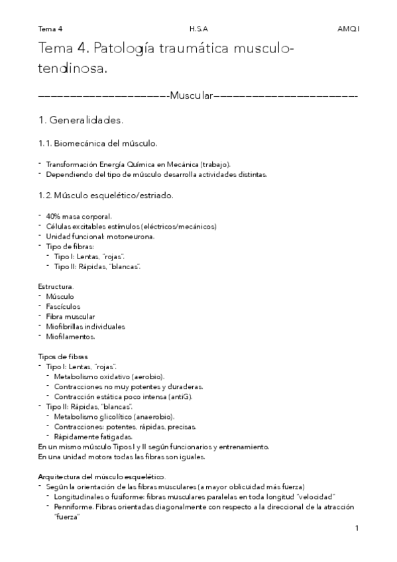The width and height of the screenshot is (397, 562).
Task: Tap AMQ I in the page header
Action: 347,29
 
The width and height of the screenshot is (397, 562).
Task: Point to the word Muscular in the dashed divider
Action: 190,97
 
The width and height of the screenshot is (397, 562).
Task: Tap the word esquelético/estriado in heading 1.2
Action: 137,196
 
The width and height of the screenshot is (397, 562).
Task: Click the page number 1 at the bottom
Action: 357,528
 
